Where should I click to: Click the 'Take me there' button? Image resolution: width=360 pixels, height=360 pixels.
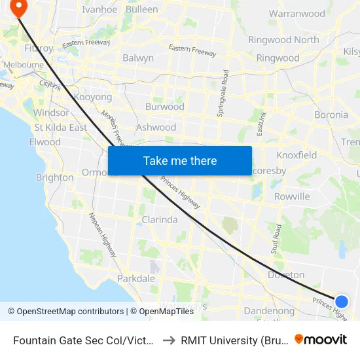(x=180, y=160)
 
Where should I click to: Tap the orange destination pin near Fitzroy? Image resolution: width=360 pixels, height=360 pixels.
(x=19, y=7)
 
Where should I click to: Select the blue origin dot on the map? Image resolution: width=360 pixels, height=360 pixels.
(x=341, y=301)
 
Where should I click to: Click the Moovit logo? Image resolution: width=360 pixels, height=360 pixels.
(x=320, y=339)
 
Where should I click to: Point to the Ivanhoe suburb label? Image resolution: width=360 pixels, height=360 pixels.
(x=99, y=10)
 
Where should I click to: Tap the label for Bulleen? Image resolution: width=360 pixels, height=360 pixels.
(x=141, y=10)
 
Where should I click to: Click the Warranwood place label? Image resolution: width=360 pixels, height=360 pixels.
(x=297, y=14)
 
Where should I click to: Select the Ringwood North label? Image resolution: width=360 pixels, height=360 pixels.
(x=283, y=40)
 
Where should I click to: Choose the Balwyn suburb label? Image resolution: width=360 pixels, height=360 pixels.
(x=137, y=58)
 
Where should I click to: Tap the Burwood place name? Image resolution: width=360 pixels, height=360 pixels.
(x=164, y=107)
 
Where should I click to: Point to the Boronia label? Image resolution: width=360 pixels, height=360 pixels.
(x=331, y=115)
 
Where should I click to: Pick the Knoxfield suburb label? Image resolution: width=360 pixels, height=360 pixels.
(x=297, y=155)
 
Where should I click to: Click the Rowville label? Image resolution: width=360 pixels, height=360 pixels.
(x=292, y=196)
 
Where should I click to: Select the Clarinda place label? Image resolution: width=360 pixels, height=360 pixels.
(x=160, y=220)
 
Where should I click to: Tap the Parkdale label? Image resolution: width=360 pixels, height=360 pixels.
(x=136, y=278)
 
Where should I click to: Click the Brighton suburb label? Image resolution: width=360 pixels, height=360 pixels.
(x=54, y=177)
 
